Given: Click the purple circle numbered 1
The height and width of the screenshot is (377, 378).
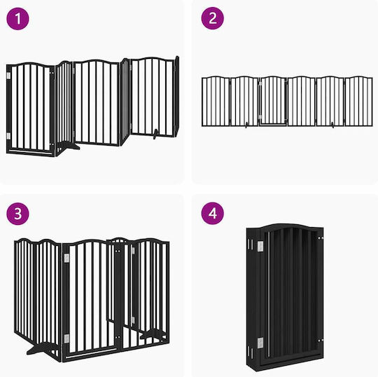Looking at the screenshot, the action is (17, 19).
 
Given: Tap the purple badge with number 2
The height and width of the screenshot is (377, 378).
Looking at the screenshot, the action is (213, 18).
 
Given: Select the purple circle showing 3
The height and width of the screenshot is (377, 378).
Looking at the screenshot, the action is (17, 214).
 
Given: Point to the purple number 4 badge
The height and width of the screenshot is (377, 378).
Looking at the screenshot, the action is (213, 213).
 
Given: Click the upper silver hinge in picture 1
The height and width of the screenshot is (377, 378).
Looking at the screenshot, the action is (8, 76).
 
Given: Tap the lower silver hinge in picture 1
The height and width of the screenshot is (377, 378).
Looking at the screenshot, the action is (8, 136).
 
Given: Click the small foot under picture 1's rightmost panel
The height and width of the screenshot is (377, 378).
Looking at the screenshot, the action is (155, 134).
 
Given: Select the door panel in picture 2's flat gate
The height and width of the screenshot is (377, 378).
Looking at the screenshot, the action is (273, 101).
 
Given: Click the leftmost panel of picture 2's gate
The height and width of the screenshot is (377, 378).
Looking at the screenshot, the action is (216, 101).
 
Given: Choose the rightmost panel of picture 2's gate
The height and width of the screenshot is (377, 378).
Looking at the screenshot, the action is (358, 101).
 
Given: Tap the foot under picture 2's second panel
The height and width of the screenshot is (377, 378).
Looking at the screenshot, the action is (246, 125).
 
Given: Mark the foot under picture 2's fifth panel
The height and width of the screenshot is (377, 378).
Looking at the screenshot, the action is (333, 125).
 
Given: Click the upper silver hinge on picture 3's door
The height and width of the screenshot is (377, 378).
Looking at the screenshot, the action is (66, 258).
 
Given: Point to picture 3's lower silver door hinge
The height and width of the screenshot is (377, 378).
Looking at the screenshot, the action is (66, 339).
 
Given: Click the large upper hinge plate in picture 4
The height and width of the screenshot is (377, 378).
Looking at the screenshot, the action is (260, 247).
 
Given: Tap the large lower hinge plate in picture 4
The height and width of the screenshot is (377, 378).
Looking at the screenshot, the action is (260, 343).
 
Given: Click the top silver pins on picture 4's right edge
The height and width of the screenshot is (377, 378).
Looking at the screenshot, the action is (321, 238).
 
